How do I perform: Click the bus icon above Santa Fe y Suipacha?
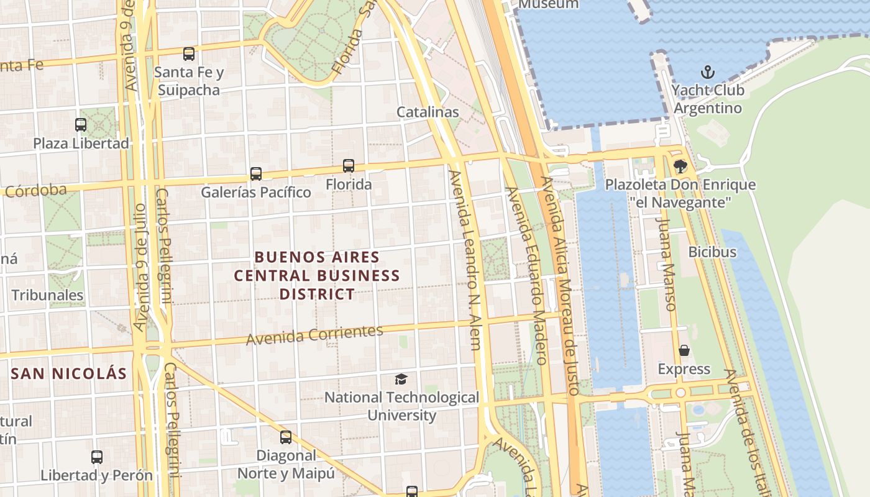(189, 54)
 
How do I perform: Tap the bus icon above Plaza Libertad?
(81, 125)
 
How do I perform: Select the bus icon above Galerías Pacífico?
(256, 174)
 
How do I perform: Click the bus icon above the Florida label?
(349, 166)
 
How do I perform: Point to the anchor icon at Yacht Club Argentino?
(707, 72)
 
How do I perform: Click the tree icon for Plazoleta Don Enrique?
(680, 166)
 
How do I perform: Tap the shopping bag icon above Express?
(684, 351)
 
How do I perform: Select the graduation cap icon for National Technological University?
(401, 379)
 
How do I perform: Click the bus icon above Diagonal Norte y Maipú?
(286, 437)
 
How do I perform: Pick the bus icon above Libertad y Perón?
(97, 457)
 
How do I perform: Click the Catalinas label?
(428, 112)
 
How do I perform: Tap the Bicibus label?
(712, 252)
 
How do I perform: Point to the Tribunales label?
(47, 295)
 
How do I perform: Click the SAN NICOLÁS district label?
(69, 374)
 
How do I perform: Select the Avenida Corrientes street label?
(314, 335)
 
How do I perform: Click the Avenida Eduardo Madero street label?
(526, 275)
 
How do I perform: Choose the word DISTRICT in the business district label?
(317, 294)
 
